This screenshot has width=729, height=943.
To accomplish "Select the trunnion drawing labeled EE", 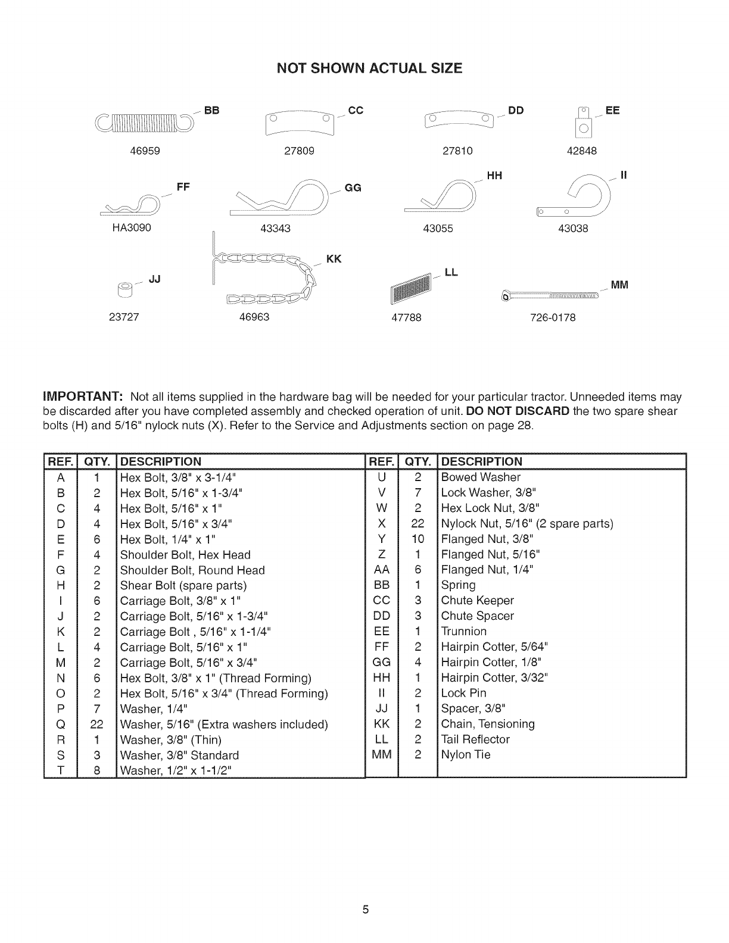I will pos(584,123).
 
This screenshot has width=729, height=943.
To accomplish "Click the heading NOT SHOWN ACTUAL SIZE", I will pos(369,68).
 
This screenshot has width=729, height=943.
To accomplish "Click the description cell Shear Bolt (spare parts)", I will pos(183,585).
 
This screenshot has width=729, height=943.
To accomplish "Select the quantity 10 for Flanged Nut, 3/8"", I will pos(418,539).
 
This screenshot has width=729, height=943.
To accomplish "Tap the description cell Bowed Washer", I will pos(481,477).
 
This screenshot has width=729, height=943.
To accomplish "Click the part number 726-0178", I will pos(553,318).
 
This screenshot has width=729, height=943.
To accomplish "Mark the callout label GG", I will pos(353,188).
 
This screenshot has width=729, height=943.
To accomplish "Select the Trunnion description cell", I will pos(464,631).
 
